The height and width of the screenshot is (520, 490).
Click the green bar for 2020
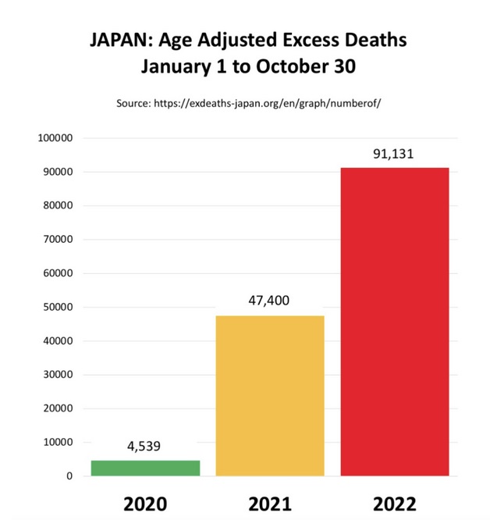(x=145, y=468)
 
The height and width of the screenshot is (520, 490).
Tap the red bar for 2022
(x=394, y=321)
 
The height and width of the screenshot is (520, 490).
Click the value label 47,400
(x=270, y=299)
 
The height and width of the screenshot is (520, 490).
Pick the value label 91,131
(x=393, y=154)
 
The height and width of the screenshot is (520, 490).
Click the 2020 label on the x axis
(x=145, y=503)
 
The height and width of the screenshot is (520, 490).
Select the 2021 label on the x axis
(x=270, y=503)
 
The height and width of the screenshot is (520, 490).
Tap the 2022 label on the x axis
(x=394, y=503)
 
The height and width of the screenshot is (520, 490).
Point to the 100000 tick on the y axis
(x=55, y=138)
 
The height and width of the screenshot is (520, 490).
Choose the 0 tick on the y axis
(x=69, y=475)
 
